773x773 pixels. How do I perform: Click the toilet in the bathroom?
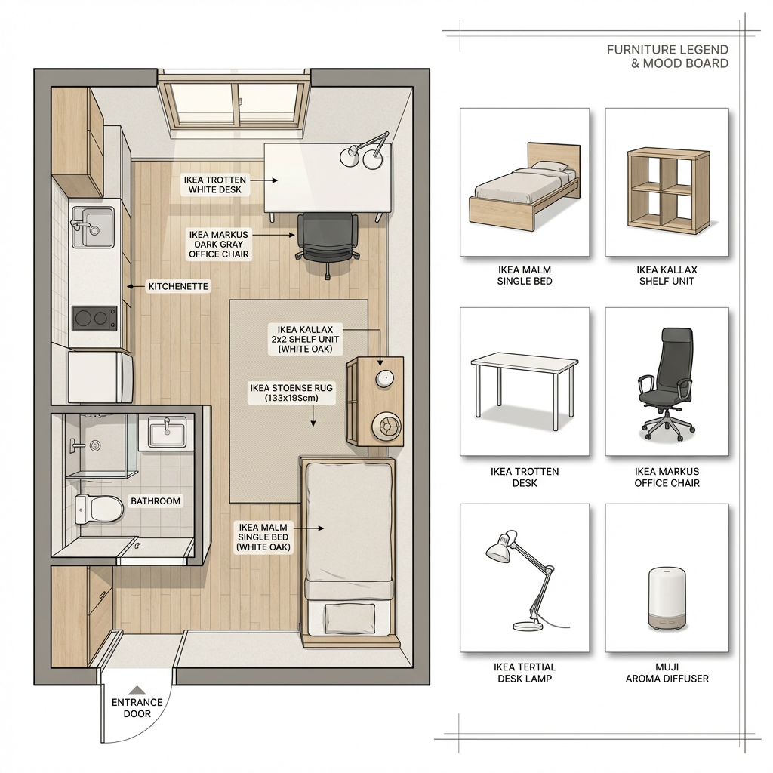point(99,509)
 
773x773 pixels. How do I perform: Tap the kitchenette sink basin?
point(93,226)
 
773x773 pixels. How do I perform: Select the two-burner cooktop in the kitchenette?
point(94,318)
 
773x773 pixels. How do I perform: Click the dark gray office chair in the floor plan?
point(327,242)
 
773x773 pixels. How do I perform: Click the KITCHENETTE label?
point(178,286)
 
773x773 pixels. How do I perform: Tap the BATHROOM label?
point(156,501)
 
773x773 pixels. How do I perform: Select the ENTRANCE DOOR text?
point(137,708)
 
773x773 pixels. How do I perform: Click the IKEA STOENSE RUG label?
point(291,393)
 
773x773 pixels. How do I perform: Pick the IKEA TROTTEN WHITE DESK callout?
point(215,185)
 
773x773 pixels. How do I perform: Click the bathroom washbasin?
point(167,433)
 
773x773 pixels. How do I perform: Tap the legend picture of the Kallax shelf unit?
point(668,189)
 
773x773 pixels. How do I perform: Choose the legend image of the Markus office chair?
point(667,384)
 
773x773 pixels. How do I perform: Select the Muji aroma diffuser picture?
point(667,599)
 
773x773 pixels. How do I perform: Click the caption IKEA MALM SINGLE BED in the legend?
point(524,276)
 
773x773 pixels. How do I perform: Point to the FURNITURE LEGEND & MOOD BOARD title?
point(667,56)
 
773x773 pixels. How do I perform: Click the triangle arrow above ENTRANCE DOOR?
point(137,690)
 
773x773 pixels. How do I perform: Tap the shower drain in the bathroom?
point(94,445)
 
